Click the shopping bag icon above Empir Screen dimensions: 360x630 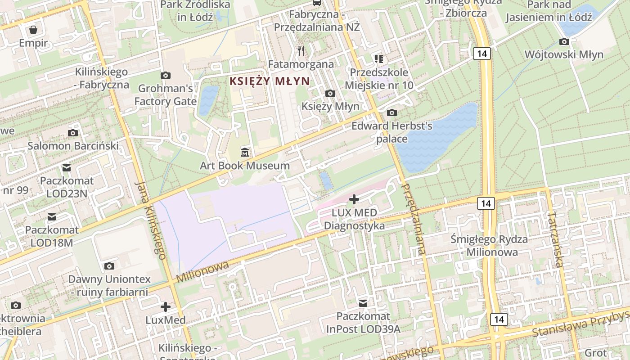coord(33,30)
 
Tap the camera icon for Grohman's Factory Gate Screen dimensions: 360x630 coord(166,75)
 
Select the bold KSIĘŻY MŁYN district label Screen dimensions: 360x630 coord(269,81)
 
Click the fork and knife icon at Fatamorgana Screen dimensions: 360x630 coord(301,50)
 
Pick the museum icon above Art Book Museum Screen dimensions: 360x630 coord(244,152)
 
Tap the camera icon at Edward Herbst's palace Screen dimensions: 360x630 coord(392,112)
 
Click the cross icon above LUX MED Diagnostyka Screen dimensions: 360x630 coord(354,198)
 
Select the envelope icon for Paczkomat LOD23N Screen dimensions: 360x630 coord(67,168)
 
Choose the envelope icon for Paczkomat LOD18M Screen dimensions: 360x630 coord(52,217)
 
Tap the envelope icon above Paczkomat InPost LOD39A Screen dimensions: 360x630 coord(363,303)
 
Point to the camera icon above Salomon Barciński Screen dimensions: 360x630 coord(73,133)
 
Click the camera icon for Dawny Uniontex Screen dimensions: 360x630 coord(109,266)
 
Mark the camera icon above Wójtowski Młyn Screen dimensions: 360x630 coord(564,42)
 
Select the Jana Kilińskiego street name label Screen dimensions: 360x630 coord(150,220)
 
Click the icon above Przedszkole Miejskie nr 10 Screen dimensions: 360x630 coord(379,58)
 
